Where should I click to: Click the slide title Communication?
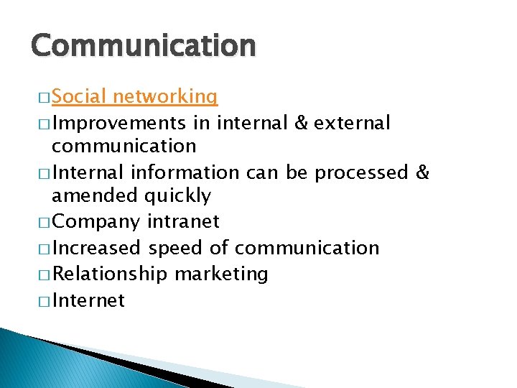click(143, 45)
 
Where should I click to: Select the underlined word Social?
click(79, 96)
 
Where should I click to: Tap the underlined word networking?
click(165, 96)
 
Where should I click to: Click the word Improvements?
click(120, 123)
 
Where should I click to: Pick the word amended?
click(96, 195)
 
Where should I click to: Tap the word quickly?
click(178, 195)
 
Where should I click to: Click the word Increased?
click(97, 248)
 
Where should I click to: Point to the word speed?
click(175, 248)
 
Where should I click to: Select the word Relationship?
click(110, 274)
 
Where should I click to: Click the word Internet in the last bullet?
click(88, 300)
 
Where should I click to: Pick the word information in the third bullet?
click(191, 172)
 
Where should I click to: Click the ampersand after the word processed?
click(422, 172)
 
